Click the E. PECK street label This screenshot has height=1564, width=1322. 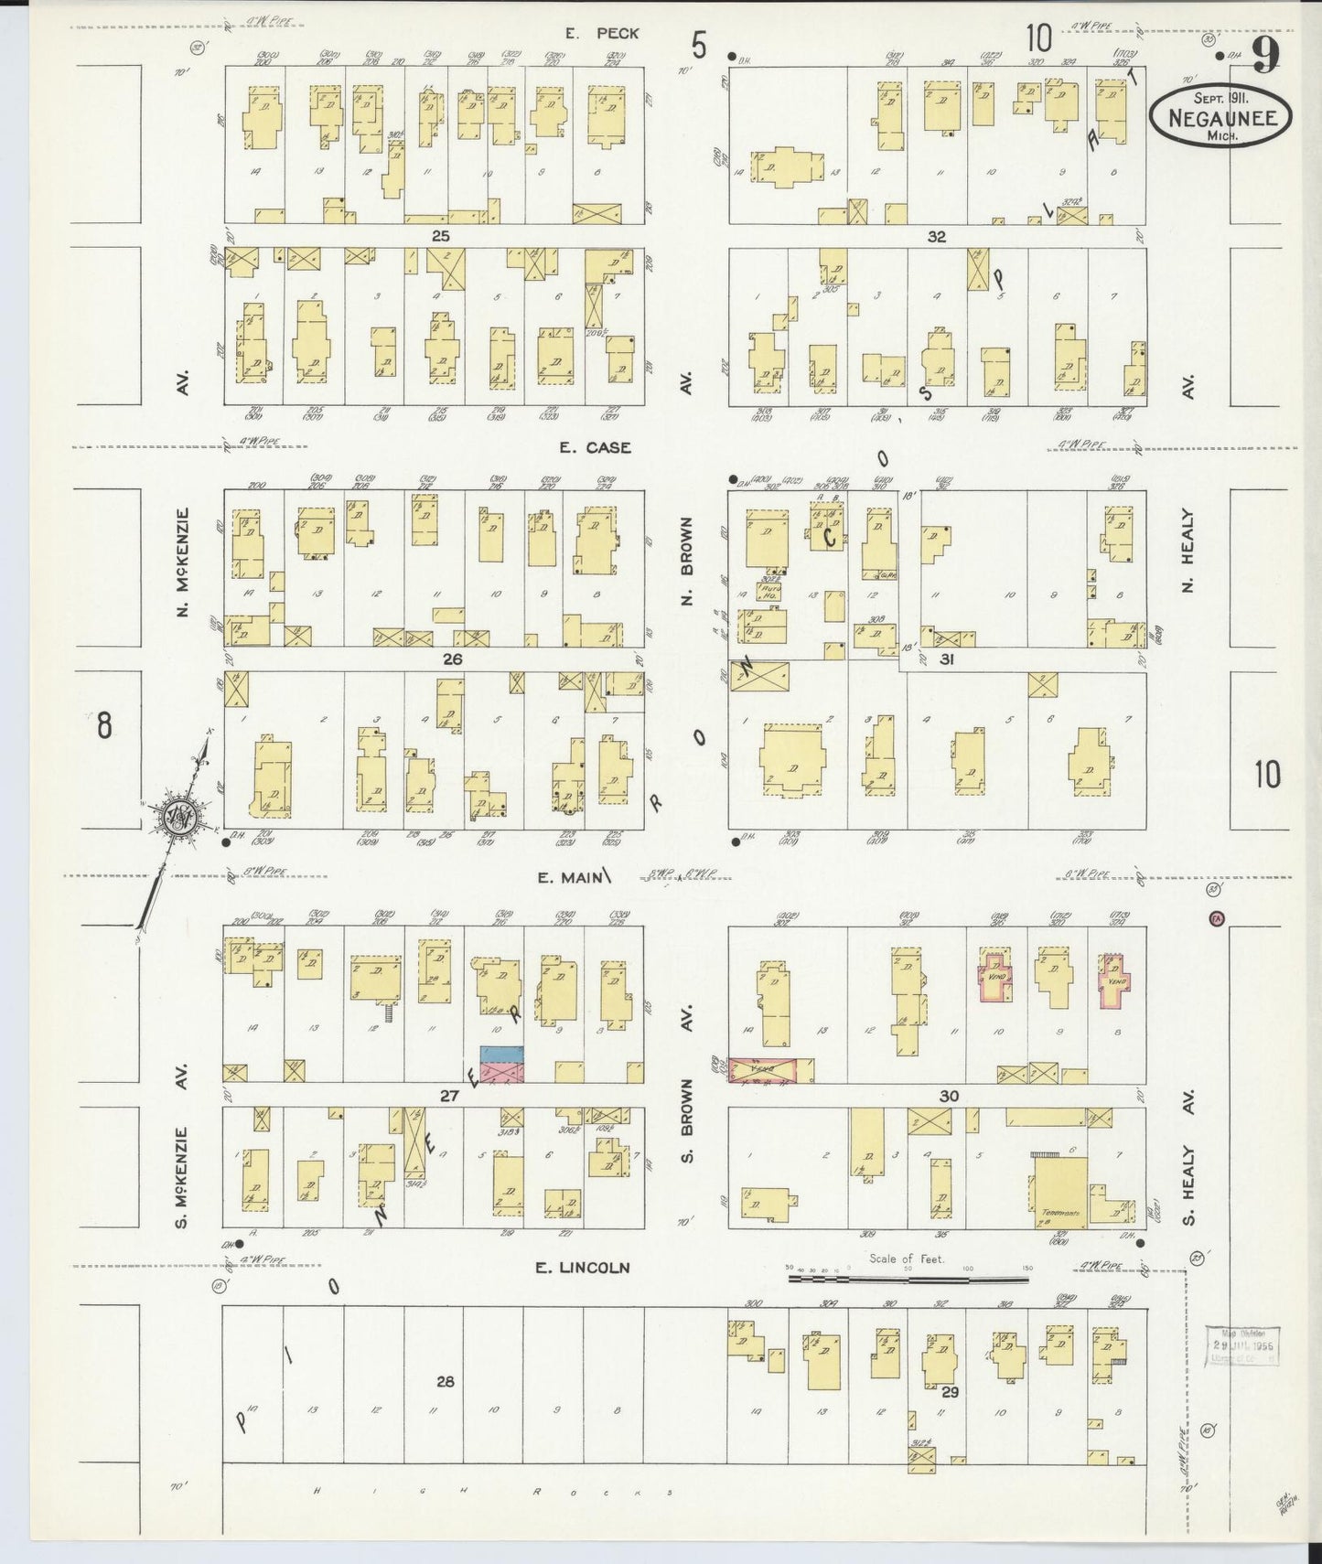[x=602, y=34]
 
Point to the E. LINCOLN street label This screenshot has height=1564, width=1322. [x=583, y=1268]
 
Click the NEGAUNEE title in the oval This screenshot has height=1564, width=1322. [x=1220, y=116]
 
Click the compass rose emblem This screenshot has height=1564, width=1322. [x=176, y=814]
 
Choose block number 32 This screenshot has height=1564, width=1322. [x=936, y=236]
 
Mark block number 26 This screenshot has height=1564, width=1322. [x=452, y=659]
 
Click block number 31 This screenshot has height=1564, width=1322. [x=946, y=659]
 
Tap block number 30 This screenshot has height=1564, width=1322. [x=948, y=1096]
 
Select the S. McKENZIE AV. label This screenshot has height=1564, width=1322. [x=182, y=1148]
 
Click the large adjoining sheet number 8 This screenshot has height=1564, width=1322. [x=104, y=727]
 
